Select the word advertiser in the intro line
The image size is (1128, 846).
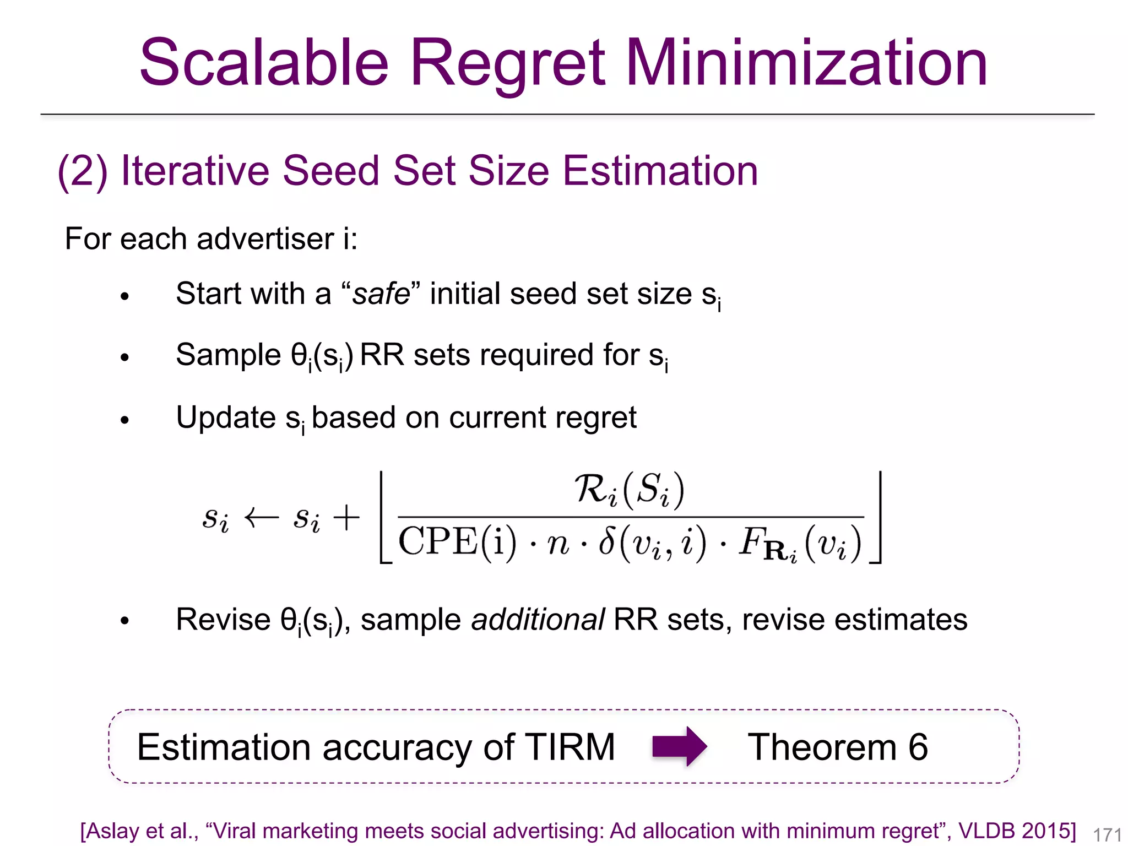click(264, 239)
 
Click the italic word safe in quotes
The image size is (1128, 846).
click(381, 294)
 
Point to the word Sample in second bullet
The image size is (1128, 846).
click(229, 355)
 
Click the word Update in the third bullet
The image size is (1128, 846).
click(226, 417)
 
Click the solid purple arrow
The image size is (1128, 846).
click(679, 747)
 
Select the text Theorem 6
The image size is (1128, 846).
click(837, 747)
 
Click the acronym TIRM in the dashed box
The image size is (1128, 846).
click(570, 747)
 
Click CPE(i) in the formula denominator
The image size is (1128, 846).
click(457, 542)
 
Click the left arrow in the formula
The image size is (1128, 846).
click(262, 518)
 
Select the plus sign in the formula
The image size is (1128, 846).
click(346, 518)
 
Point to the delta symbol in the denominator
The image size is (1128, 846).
click(606, 541)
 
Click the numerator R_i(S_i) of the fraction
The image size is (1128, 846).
click(630, 489)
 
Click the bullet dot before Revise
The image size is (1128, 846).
click(124, 621)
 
